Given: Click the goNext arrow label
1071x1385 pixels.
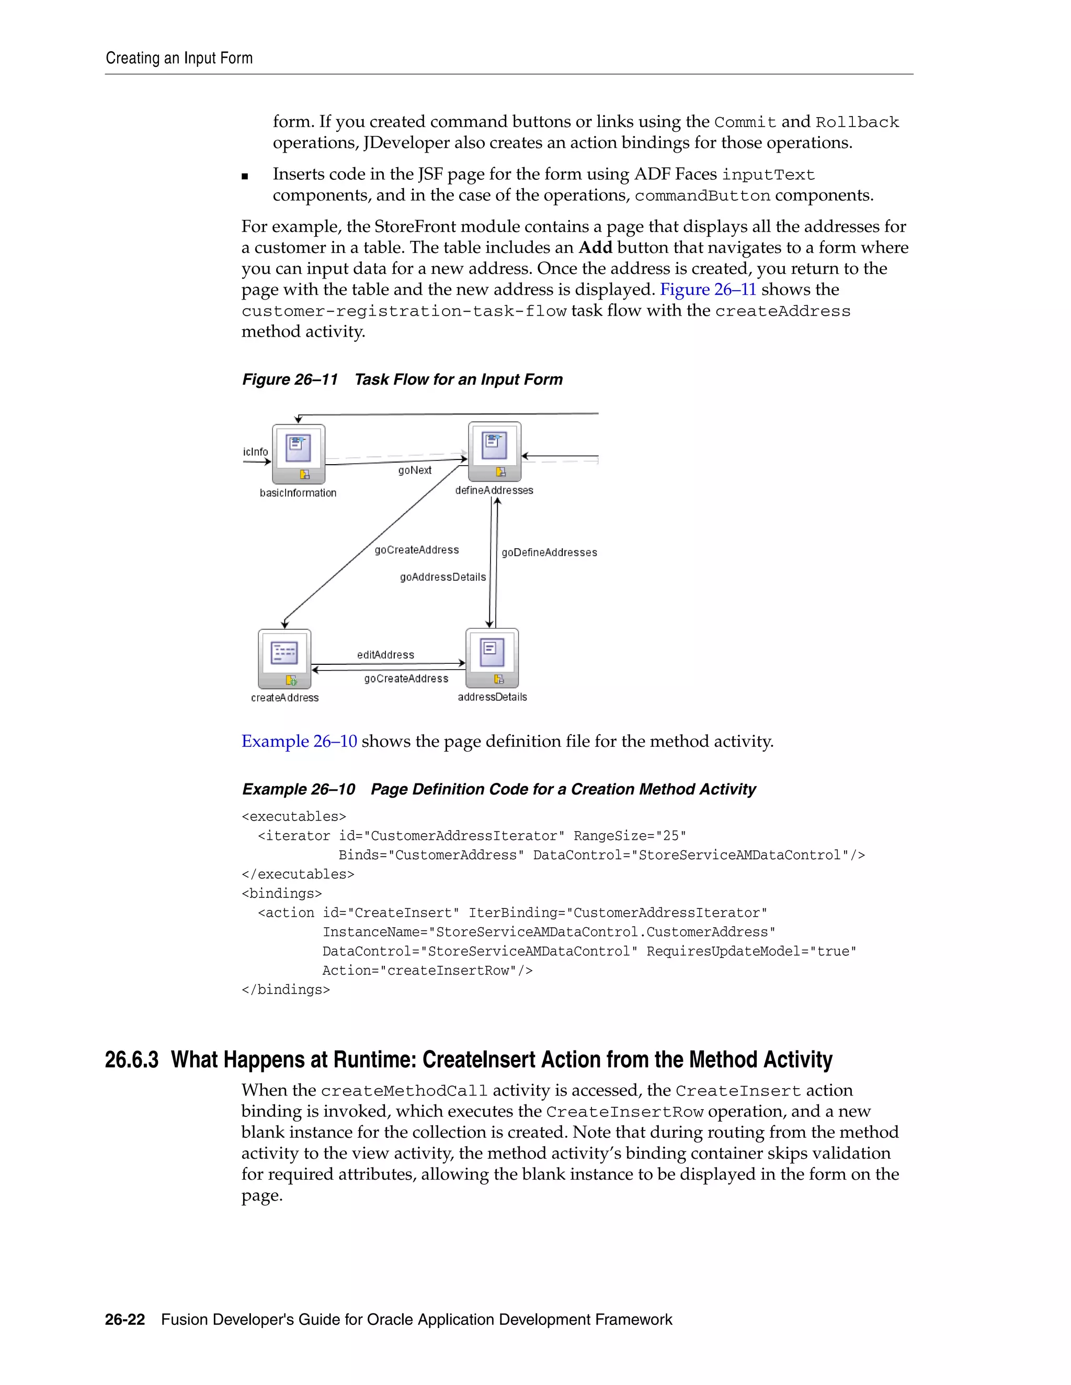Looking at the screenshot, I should coord(414,470).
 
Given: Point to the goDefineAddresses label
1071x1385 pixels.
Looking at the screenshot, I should coord(549,552).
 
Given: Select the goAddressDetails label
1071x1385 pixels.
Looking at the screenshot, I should coord(442,577).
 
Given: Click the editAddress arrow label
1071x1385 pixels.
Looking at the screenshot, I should coord(385,654).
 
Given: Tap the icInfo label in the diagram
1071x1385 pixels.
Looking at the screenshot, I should coord(255,452).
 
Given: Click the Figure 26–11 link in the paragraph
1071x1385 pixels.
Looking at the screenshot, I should coord(708,290).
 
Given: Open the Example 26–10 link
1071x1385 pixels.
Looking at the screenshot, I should coord(299,741).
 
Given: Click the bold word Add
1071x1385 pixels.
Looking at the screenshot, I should coord(595,247).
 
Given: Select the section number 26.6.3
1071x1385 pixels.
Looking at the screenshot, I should coord(131,1060).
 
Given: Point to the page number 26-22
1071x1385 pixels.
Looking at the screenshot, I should coord(125,1320).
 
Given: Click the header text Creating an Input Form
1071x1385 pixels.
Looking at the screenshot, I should coord(179,59).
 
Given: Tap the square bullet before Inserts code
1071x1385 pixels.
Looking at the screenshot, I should coord(245,176).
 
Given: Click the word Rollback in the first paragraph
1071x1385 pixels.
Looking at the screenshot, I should coord(857,122).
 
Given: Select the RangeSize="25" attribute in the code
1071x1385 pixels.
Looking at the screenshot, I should coord(630,836).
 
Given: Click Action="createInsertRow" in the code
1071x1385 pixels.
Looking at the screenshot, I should coord(427,970).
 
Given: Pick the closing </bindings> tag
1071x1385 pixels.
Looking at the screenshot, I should coord(286,990).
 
